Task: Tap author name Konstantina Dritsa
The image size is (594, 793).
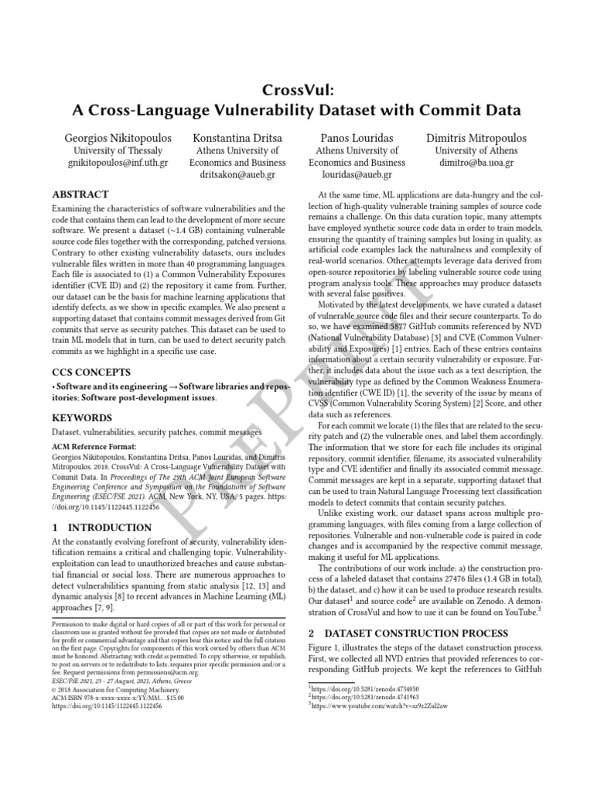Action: pyautogui.click(x=237, y=137)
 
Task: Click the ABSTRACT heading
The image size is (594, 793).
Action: pyautogui.click(x=80, y=194)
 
